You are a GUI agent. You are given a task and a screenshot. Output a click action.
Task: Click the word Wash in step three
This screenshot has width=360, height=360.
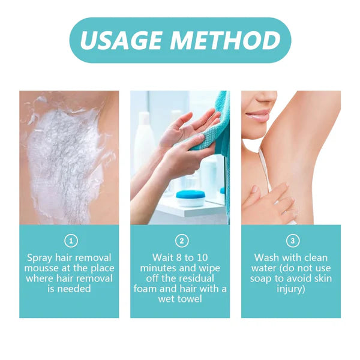pyautogui.click(x=266, y=258)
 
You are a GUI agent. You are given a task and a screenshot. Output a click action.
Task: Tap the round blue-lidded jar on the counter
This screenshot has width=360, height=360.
pyautogui.click(x=190, y=198)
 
